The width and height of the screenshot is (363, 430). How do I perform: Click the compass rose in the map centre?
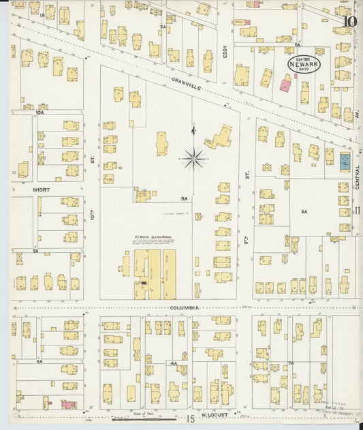(194, 159)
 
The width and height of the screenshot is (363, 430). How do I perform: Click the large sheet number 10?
(349, 21)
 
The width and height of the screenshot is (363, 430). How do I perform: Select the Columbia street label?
(185, 308)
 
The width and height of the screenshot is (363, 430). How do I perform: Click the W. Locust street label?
(214, 414)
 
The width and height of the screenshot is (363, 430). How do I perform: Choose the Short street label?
(23, 190)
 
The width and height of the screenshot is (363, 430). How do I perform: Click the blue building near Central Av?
(345, 162)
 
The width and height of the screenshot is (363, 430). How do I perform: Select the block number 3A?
(183, 198)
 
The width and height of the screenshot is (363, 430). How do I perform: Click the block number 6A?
(304, 212)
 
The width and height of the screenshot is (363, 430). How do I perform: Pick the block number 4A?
(174, 363)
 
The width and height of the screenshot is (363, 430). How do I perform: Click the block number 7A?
(290, 363)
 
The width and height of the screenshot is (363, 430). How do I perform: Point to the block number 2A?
(163, 27)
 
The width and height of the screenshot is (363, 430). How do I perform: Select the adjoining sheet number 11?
(358, 211)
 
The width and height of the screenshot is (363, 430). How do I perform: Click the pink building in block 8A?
(69, 404)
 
